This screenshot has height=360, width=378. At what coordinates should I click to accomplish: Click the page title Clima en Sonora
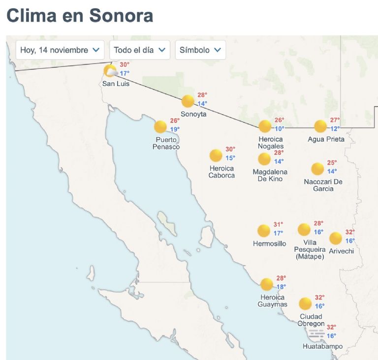(x=80, y=16)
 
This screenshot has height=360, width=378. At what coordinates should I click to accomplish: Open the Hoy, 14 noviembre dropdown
(x=60, y=50)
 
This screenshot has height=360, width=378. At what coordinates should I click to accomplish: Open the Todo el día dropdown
(x=139, y=50)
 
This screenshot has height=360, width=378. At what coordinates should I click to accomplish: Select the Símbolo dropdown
(x=200, y=50)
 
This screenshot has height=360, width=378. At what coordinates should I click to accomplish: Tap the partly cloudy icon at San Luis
(x=110, y=71)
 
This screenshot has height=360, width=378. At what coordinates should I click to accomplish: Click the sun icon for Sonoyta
(x=188, y=101)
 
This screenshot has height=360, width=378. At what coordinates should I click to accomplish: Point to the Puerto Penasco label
(x=166, y=143)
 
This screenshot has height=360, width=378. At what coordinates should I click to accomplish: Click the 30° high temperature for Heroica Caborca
(x=230, y=150)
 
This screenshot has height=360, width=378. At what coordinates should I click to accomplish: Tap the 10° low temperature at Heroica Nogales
(x=280, y=129)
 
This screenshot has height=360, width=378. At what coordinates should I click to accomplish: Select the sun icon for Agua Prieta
(x=320, y=126)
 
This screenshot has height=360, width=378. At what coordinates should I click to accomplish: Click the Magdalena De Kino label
(x=270, y=175)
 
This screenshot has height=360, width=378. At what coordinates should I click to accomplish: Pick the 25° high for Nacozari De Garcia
(x=332, y=163)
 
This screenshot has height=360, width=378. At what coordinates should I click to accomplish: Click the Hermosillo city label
(x=269, y=243)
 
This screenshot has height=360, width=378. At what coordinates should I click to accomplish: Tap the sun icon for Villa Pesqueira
(x=304, y=229)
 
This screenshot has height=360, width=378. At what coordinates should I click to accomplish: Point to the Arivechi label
(x=341, y=251)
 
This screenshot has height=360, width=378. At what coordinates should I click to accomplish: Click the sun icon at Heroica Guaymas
(x=266, y=284)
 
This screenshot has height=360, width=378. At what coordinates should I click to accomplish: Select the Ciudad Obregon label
(x=311, y=320)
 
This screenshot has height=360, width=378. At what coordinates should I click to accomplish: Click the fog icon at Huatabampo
(x=317, y=334)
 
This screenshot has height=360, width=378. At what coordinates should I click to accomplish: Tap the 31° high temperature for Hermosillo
(x=279, y=225)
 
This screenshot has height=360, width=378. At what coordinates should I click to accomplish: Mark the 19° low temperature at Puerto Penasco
(x=175, y=129)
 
